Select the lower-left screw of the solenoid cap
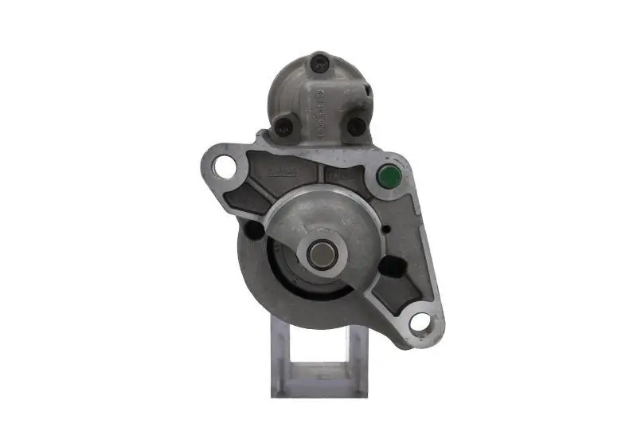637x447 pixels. pyautogui.click(x=284, y=125)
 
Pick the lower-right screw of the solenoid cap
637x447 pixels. pyautogui.click(x=356, y=126)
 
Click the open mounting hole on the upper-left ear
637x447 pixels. pyautogui.click(x=225, y=167)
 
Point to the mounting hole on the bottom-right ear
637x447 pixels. pyautogui.click(x=419, y=323)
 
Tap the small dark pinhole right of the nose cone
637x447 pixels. pyautogui.click(x=385, y=231)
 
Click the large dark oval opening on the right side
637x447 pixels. pyautogui.click(x=393, y=265)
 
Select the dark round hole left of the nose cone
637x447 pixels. pyautogui.click(x=255, y=230)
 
